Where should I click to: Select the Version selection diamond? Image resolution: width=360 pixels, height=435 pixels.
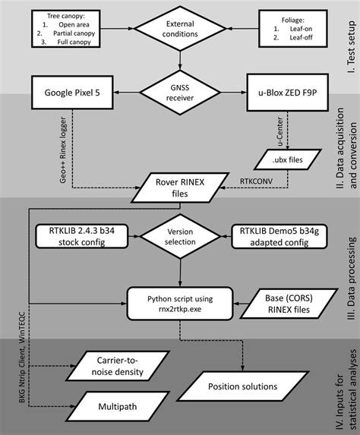click(181, 237)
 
